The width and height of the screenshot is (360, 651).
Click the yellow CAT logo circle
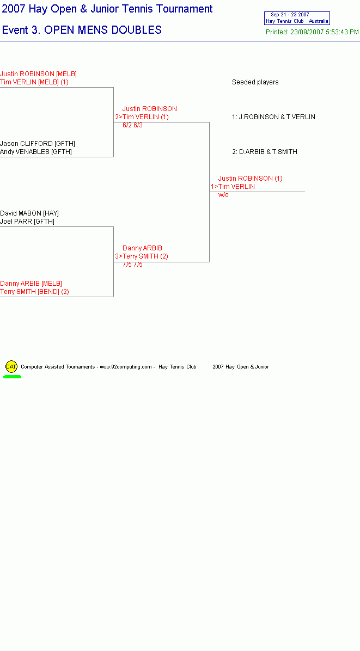point(11,367)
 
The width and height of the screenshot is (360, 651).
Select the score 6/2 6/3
point(132,125)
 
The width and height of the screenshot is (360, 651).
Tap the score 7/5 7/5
point(132,265)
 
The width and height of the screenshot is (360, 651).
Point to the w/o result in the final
point(223,195)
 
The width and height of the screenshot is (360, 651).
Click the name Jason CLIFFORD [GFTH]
point(38,144)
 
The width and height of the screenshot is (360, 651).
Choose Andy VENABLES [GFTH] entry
point(36,152)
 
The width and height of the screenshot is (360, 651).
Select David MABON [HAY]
point(29,213)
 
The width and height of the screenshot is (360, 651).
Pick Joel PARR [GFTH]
point(27,222)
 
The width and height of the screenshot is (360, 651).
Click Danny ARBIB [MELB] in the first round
point(30,284)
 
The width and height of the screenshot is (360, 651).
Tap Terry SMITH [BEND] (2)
point(34,292)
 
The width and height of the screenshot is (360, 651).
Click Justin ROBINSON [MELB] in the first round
point(38,74)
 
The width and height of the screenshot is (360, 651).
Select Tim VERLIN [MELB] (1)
point(34,82)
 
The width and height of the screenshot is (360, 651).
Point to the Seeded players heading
point(255,82)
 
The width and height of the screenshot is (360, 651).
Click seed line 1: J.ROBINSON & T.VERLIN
point(273,117)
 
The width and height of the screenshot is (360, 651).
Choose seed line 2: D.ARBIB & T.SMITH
point(265,152)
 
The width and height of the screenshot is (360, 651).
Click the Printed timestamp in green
point(312,32)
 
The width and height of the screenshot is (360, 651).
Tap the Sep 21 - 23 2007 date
point(290,15)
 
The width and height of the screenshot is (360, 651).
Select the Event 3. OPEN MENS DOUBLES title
point(82,30)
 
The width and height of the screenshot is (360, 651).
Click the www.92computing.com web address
point(125,367)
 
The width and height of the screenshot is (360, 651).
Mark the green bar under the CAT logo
point(12,377)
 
